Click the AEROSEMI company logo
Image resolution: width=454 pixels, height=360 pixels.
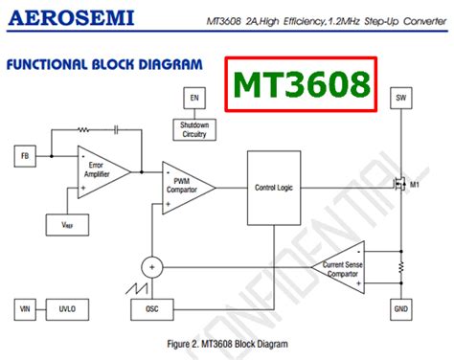point(72,17)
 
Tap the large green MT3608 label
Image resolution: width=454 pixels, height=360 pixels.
point(304,84)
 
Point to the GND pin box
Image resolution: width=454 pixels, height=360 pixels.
point(401,308)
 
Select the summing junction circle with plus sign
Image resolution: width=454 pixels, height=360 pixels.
point(151,265)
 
